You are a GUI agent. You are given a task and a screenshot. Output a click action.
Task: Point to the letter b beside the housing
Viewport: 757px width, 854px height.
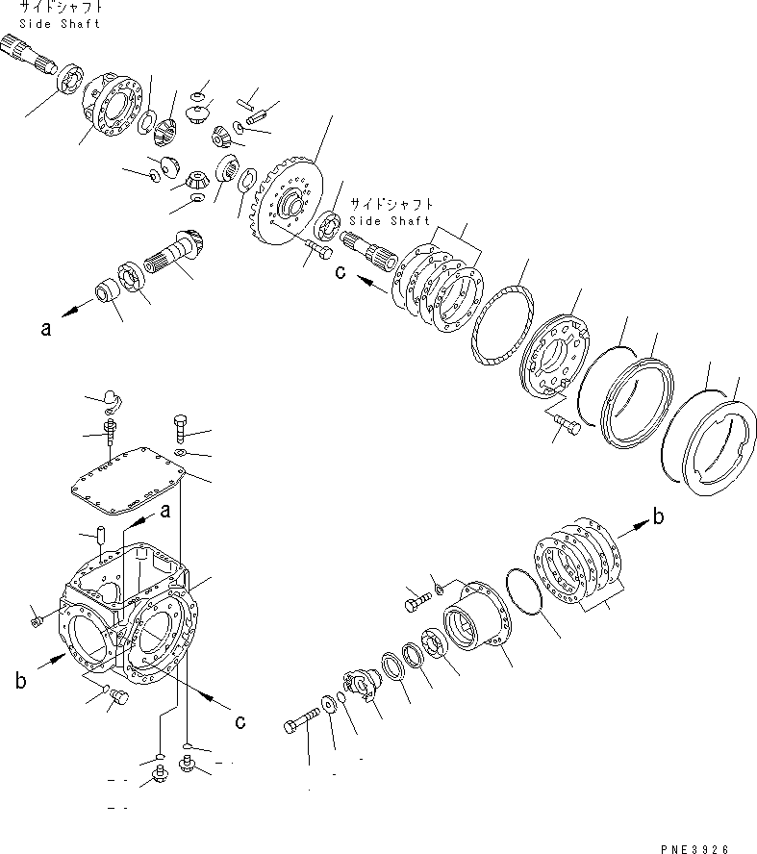click(x=19, y=681)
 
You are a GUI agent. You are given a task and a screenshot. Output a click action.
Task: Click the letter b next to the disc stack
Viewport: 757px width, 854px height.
click(x=658, y=517)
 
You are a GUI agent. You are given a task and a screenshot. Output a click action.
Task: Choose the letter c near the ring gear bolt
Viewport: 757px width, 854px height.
click(x=339, y=272)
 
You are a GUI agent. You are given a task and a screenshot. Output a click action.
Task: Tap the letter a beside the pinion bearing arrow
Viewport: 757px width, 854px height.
click(x=44, y=328)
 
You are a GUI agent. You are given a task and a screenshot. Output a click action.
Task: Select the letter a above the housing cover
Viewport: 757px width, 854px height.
click(x=164, y=510)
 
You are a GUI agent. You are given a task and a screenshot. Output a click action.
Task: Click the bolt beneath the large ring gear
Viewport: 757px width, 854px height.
click(x=318, y=251)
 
